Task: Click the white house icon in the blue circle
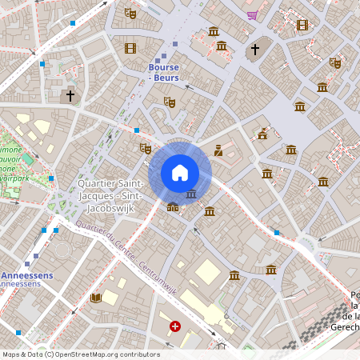[180, 173]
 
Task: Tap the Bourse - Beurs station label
[163, 73]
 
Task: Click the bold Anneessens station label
[27, 274]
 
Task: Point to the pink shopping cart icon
[253, 14]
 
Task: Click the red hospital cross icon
[175, 326]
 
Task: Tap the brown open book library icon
[96, 298]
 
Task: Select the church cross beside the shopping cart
[255, 50]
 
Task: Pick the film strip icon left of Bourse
[130, 48]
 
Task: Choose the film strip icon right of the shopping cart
[302, 25]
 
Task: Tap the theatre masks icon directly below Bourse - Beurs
[169, 102]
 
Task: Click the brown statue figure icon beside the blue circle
[218, 150]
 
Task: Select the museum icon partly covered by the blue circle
[191, 194]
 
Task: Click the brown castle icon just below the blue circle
[173, 207]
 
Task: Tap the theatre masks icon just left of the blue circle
[145, 148]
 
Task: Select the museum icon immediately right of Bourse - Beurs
[214, 31]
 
